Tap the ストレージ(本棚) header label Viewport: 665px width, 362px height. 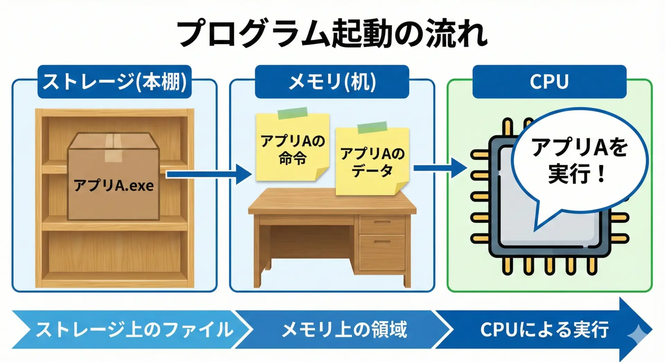pyautogui.click(x=114, y=82)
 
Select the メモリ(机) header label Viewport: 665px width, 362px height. pyautogui.click(x=332, y=82)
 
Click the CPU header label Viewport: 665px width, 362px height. pyautogui.click(x=549, y=82)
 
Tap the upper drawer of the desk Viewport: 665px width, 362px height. pyautogui.click(x=382, y=224)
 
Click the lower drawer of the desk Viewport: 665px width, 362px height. pyautogui.click(x=382, y=252)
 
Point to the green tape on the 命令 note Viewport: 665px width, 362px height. pyautogui.click(x=293, y=113)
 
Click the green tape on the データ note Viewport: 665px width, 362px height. pyautogui.click(x=372, y=127)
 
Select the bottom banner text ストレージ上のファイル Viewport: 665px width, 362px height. pyautogui.click(x=134, y=329)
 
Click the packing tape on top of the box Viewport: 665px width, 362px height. pyautogui.click(x=113, y=147)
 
